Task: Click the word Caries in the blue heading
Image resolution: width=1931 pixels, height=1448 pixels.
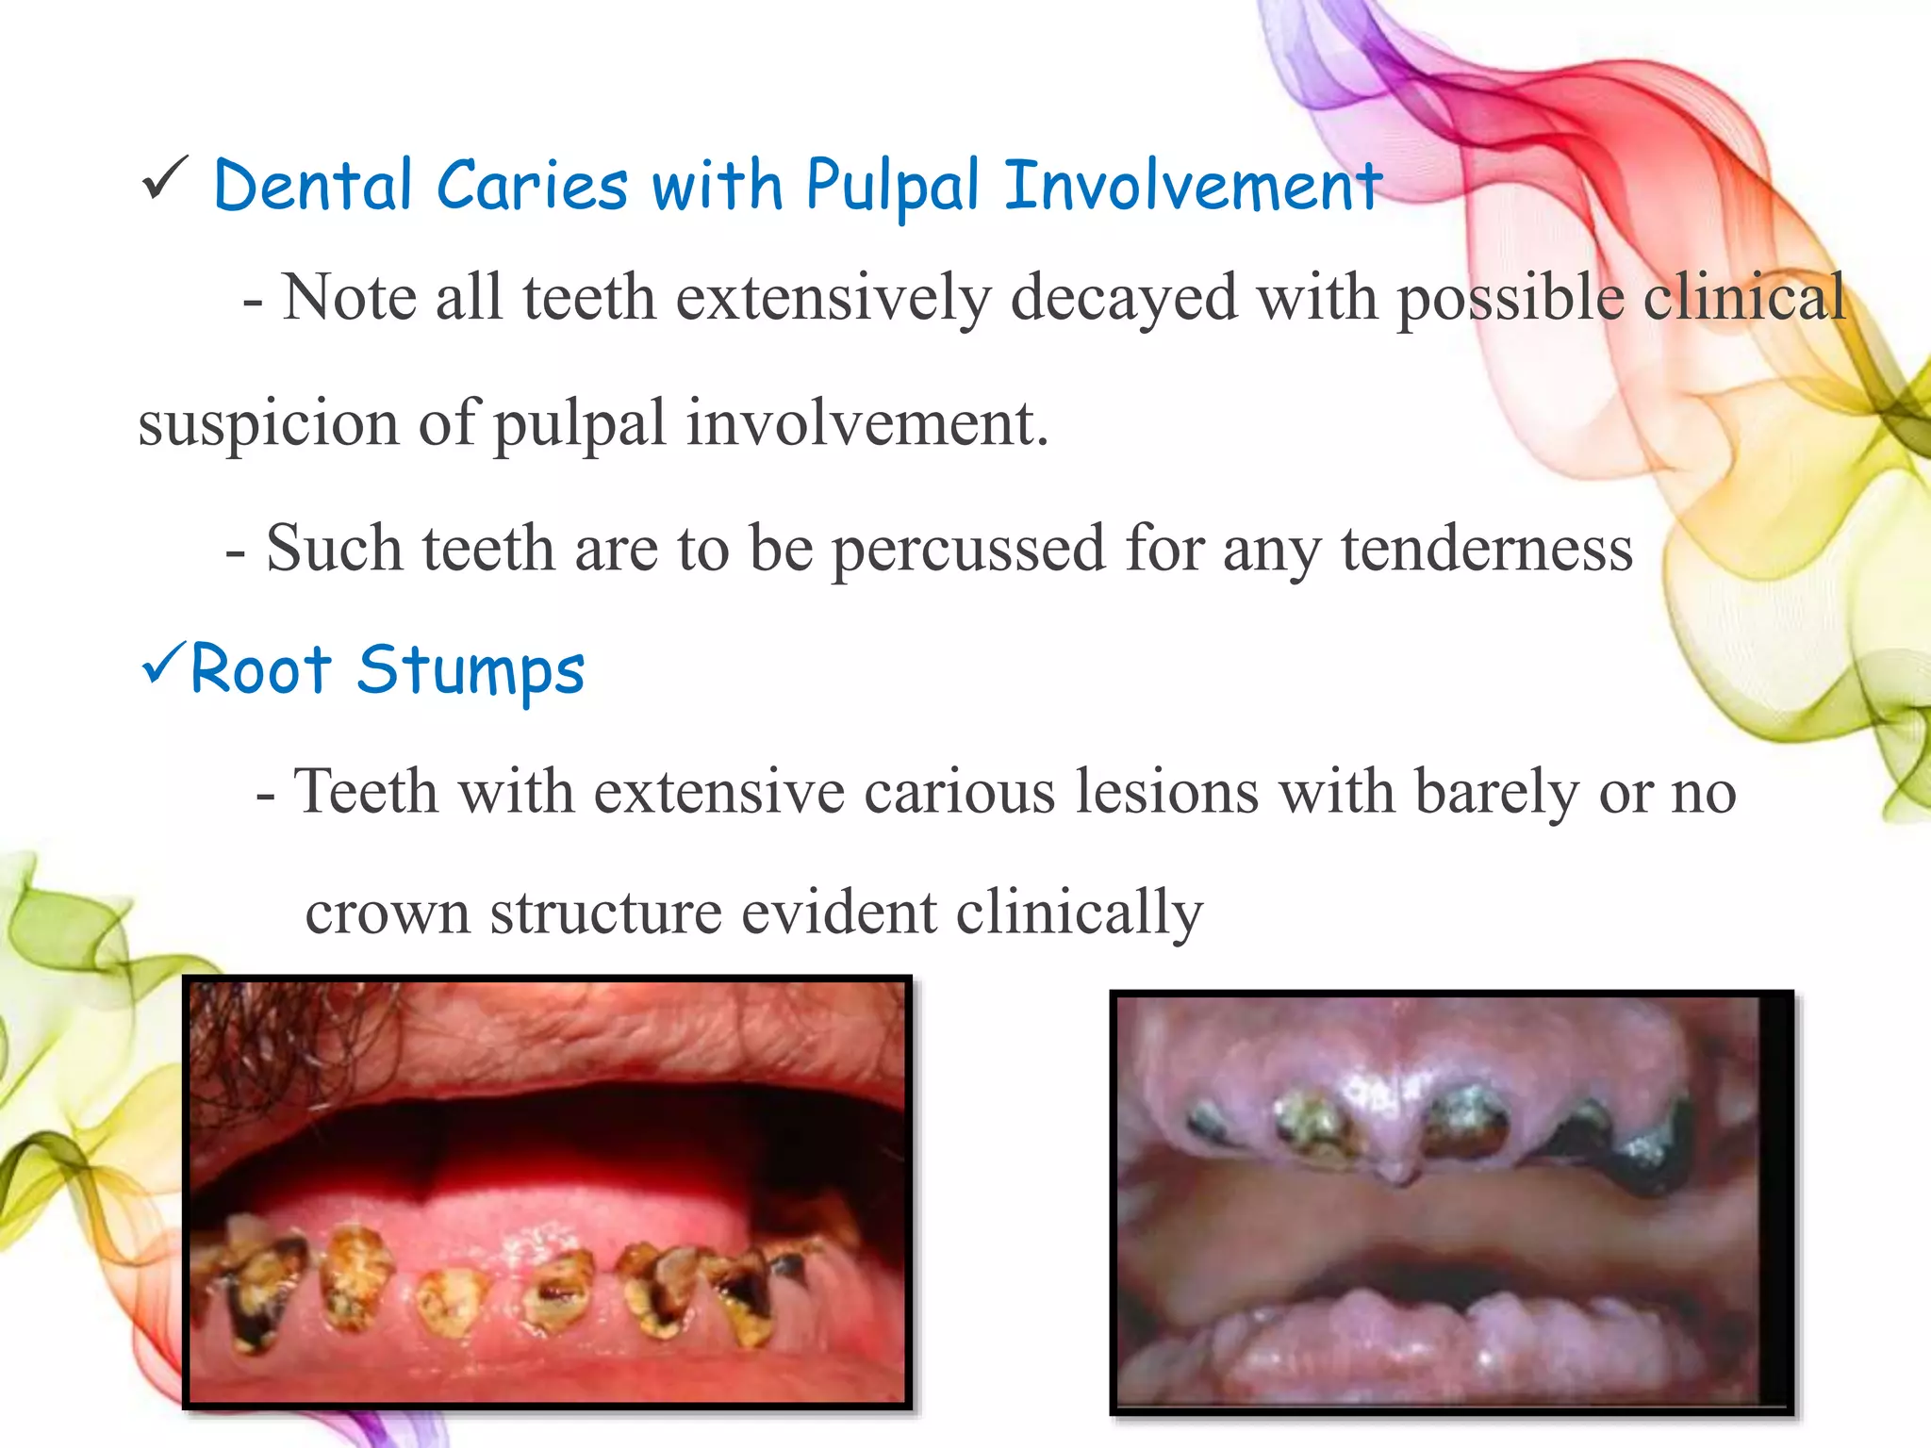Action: pyautogui.click(x=532, y=185)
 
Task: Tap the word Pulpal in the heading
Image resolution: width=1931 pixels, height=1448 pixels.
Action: pyautogui.click(x=892, y=187)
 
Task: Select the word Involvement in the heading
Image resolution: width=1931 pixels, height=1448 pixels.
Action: pyautogui.click(x=1192, y=185)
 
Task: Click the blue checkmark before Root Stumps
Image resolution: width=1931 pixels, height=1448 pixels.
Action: pyautogui.click(x=162, y=664)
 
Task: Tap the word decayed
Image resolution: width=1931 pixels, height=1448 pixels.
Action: pyautogui.click(x=1124, y=298)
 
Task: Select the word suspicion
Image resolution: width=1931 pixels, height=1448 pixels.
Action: pyautogui.click(x=268, y=424)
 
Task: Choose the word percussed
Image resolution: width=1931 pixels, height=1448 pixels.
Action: pyautogui.click(x=967, y=549)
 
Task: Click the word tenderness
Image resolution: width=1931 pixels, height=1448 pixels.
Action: pyautogui.click(x=1486, y=549)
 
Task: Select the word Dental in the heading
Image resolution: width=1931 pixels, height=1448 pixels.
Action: pyautogui.click(x=313, y=185)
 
